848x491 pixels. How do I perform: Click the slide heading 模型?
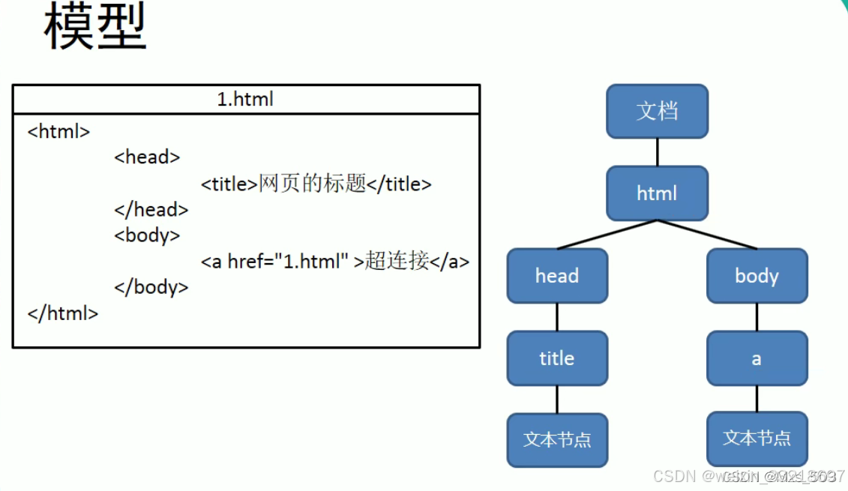point(94,28)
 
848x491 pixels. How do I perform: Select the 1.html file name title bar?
point(245,99)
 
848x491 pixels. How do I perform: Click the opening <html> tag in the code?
point(58,131)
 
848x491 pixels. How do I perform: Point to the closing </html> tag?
point(63,313)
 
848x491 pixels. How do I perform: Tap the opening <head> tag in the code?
point(147,157)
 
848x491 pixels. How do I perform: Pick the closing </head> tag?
point(151,209)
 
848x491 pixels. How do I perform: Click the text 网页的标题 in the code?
point(312,184)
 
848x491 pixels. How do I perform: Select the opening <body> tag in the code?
point(147,235)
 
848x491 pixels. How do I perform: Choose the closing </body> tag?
point(151,287)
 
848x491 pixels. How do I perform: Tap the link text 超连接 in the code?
point(397,262)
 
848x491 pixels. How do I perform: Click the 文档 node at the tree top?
point(657,111)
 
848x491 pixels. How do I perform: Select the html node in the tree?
point(657,193)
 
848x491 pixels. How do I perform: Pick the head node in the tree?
point(557,276)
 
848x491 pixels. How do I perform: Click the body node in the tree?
point(757,276)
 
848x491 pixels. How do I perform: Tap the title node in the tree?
point(557,358)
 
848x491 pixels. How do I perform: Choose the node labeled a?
point(757,358)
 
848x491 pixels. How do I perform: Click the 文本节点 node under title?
point(557,439)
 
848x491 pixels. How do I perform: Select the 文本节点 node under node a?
point(757,438)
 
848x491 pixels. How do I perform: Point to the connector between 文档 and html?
point(657,152)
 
